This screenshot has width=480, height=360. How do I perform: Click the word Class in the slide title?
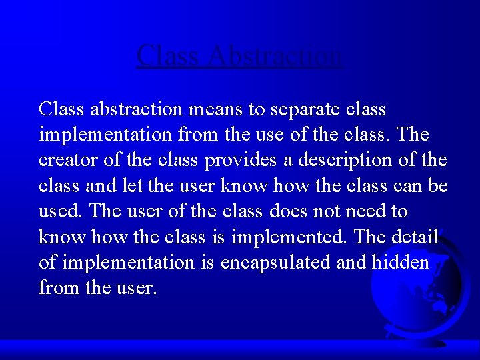tap(169, 55)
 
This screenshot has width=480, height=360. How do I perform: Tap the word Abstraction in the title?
tap(275, 55)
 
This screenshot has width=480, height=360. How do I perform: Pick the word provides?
tap(239, 160)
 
